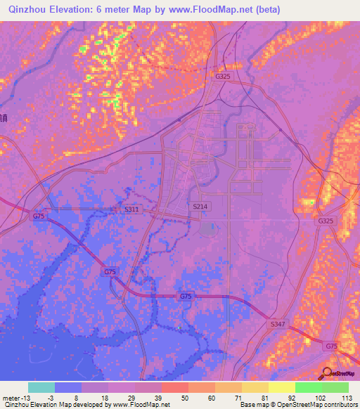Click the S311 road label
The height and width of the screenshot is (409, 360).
[x=131, y=209]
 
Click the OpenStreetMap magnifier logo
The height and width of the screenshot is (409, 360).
[x=327, y=373]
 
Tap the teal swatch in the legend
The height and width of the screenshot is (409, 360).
[x=41, y=387]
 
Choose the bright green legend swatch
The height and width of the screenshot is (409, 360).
[x=309, y=387]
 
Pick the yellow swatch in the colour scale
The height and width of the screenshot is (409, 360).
[x=282, y=387]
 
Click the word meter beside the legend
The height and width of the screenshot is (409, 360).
[x=11, y=398]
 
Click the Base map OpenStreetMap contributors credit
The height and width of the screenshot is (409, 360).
[x=297, y=405]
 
